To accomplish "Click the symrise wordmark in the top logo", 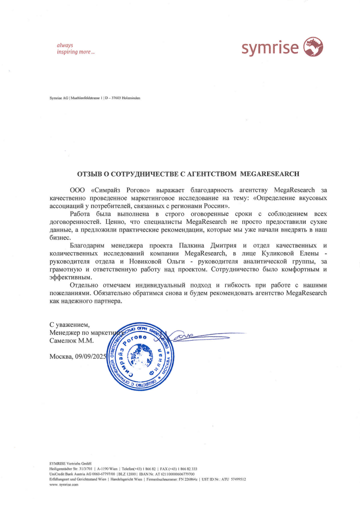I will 270,48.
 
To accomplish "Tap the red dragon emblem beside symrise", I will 314,47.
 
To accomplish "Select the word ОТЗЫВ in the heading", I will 91,175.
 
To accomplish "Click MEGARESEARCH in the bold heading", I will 271,175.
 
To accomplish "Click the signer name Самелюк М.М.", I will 72,342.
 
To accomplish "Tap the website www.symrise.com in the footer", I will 64,484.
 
